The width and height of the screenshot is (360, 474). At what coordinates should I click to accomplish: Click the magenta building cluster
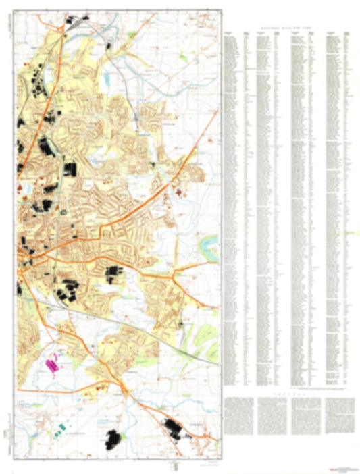pyautogui.click(x=51, y=365)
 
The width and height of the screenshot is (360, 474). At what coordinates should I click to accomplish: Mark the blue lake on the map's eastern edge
pyautogui.click(x=210, y=240)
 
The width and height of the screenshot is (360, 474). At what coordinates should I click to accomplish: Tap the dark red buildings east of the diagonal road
pyautogui.click(x=178, y=194)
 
